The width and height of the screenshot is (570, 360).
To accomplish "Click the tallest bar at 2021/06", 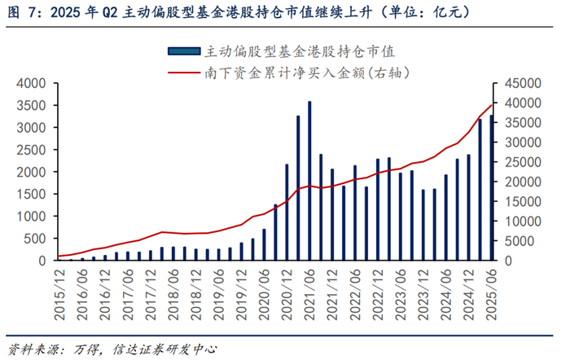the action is (309, 181).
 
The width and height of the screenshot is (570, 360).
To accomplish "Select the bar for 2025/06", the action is (492, 187).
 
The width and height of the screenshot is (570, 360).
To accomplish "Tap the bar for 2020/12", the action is (287, 213).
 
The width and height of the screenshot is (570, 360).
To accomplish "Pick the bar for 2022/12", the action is (378, 209).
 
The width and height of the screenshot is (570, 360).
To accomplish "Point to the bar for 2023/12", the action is (423, 225).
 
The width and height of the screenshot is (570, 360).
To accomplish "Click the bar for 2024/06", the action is (446, 217).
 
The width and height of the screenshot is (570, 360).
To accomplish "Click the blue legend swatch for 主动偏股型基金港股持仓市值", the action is (184, 51).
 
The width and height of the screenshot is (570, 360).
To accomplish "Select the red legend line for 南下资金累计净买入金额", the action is (184, 72).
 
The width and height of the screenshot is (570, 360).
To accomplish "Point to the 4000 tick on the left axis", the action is (32, 83).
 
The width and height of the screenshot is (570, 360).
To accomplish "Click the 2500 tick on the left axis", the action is (32, 150).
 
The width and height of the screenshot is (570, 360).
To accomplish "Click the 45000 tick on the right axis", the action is (523, 83).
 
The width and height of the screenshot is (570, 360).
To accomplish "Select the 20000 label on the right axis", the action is (523, 182).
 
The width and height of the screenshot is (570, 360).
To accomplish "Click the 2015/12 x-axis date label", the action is (59, 295).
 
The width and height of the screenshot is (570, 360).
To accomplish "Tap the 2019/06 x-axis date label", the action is (218, 295).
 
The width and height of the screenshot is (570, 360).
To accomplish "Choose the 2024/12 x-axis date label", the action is (468, 295).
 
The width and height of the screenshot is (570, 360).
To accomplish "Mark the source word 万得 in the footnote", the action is (85, 349).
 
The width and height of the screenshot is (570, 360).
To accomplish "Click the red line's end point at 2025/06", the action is (492, 105).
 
